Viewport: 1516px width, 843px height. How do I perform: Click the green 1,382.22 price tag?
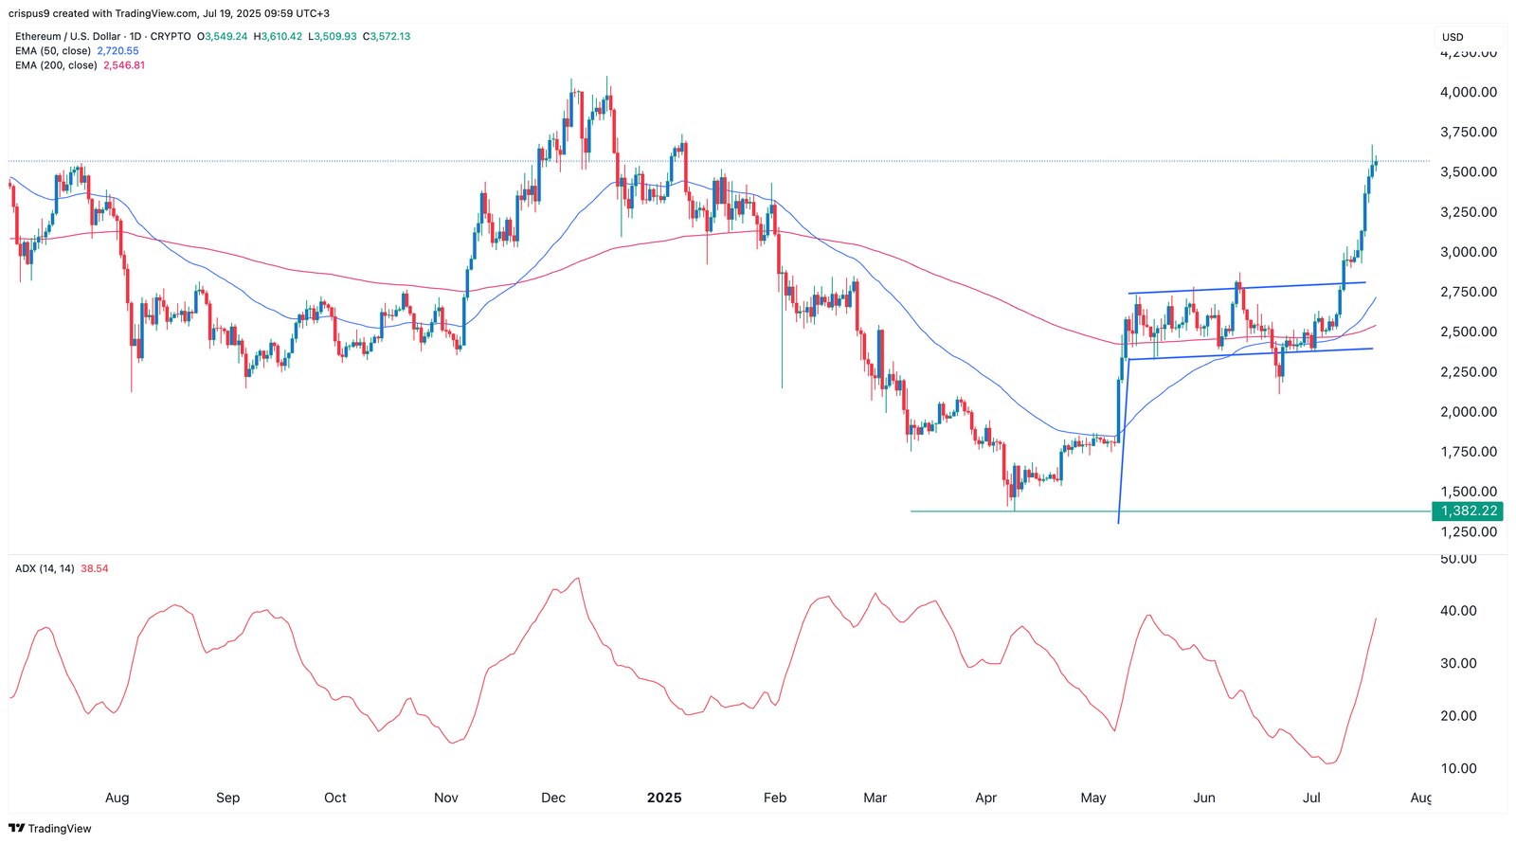point(1469,511)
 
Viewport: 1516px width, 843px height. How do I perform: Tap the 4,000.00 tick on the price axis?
point(1469,92)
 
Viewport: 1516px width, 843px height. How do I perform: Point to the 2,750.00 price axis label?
point(1469,292)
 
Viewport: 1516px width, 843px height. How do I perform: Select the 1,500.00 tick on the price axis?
point(1469,492)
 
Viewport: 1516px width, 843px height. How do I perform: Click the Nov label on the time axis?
point(446,798)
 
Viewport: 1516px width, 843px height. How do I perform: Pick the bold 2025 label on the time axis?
point(664,798)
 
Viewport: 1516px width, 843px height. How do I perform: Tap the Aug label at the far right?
point(1420,798)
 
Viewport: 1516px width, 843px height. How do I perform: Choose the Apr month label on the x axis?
point(986,798)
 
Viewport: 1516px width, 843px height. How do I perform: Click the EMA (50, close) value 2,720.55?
point(117,51)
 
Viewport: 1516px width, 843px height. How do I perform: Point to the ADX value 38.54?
point(95,568)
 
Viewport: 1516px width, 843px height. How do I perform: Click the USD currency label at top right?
point(1453,37)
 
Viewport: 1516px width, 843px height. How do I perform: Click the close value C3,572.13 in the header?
point(388,36)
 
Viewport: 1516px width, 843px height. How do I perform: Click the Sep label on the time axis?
point(227,798)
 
